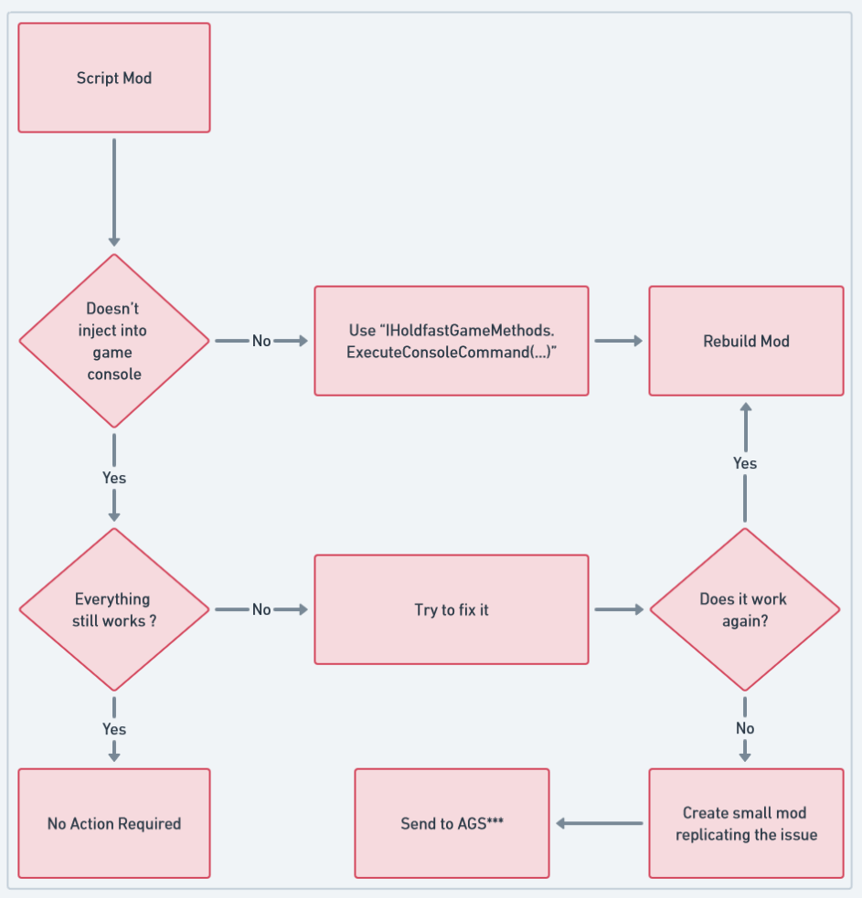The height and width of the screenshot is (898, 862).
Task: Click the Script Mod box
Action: point(114,78)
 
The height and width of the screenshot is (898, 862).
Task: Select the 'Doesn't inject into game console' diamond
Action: point(114,341)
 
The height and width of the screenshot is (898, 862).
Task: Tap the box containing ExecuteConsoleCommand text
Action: point(452,341)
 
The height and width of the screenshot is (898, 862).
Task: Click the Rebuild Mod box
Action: point(746,341)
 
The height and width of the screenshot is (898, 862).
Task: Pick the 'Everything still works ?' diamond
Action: point(114,609)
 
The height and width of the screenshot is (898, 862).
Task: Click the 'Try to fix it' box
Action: point(452,609)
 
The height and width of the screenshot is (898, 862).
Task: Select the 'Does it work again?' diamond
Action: point(744,609)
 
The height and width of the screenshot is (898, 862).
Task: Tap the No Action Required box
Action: point(114,823)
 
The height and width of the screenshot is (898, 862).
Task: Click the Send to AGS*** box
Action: point(452,823)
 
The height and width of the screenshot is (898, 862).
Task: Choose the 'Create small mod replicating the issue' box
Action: point(746,823)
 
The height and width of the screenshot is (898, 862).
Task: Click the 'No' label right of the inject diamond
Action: point(261,341)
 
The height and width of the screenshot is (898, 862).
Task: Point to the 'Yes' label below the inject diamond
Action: point(114,478)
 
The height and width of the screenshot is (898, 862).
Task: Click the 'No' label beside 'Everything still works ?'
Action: point(261,609)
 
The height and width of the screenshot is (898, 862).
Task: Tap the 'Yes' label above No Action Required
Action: point(114,729)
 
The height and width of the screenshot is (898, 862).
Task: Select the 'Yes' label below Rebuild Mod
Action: point(745,463)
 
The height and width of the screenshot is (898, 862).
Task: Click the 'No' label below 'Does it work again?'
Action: point(745,728)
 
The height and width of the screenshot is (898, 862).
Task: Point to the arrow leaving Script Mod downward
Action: point(114,192)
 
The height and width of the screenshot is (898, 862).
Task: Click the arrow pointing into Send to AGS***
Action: point(599,823)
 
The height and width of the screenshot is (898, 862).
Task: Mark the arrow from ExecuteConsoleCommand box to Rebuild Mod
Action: point(619,341)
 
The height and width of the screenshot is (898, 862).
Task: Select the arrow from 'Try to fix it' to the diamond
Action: point(619,609)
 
